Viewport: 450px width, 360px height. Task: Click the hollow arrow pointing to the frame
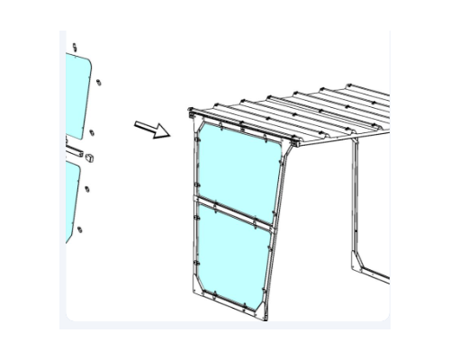(x=151, y=130)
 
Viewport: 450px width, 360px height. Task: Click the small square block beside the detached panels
(x=94, y=158)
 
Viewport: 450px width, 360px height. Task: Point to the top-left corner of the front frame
(x=192, y=113)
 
